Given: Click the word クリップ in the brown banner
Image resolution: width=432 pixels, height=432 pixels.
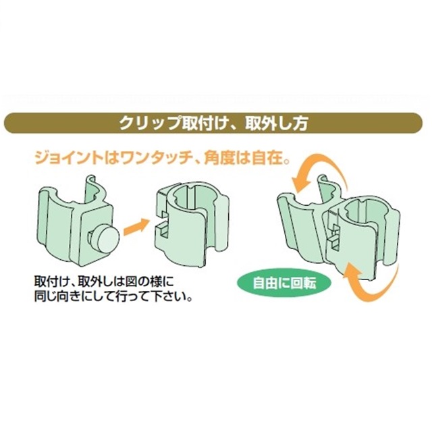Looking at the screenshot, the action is click(151, 124).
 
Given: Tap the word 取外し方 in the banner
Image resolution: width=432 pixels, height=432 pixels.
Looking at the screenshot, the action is click(276, 124).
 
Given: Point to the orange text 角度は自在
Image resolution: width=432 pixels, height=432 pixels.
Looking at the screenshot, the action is click(243, 159).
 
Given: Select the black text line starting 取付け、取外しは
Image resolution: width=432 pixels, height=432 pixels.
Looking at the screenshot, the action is click(104, 281).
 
